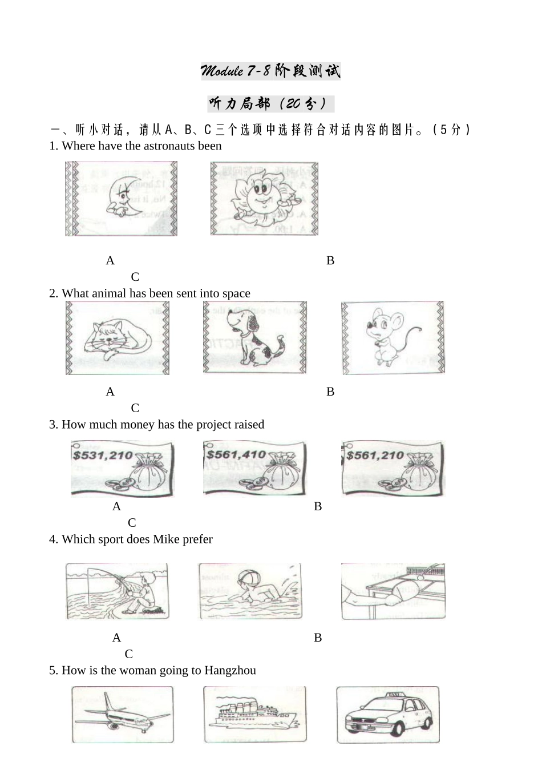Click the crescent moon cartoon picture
click(121, 199)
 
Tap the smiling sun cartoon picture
click(264, 199)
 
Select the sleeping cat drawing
click(118, 338)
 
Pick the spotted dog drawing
click(254, 338)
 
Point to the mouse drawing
click(393, 338)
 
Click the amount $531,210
click(103, 455)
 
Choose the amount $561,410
click(236, 455)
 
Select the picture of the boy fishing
click(117, 591)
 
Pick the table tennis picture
click(393, 591)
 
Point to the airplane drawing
click(122, 715)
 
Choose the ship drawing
click(255, 715)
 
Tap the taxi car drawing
click(388, 715)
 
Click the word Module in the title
click(221, 71)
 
